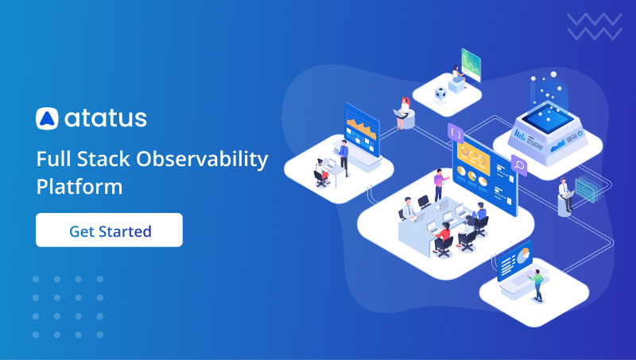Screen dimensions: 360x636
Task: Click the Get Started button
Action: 109,230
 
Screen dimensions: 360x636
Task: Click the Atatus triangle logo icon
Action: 47,118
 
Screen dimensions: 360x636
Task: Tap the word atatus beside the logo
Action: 105,118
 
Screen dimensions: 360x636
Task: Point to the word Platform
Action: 79,188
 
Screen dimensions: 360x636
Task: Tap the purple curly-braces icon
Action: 456,132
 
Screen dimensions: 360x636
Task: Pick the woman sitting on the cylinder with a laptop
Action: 404,112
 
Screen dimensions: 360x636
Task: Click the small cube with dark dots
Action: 440,93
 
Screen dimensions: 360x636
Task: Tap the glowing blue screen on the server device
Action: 546,116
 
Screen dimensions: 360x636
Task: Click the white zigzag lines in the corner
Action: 594,25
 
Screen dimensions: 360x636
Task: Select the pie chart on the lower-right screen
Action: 523,255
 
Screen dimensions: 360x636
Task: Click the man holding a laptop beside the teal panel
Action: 564,194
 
